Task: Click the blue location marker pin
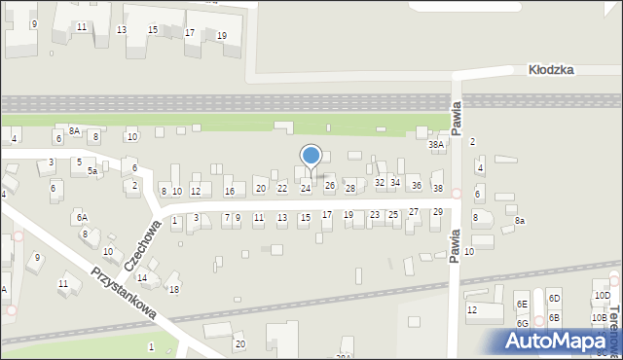(x=311, y=156)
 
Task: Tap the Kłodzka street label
(x=551, y=70)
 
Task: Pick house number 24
(x=306, y=188)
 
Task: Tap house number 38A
(x=436, y=144)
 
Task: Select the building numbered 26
(x=330, y=186)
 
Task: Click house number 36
(x=416, y=185)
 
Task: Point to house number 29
(x=438, y=212)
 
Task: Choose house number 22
(x=282, y=188)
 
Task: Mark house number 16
(x=230, y=191)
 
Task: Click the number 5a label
(x=92, y=170)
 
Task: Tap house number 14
(x=142, y=278)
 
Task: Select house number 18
(x=174, y=289)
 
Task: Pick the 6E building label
(x=522, y=304)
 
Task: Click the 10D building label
(x=602, y=296)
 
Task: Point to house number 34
(x=395, y=182)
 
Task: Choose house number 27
(x=414, y=212)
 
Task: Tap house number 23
(x=375, y=215)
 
